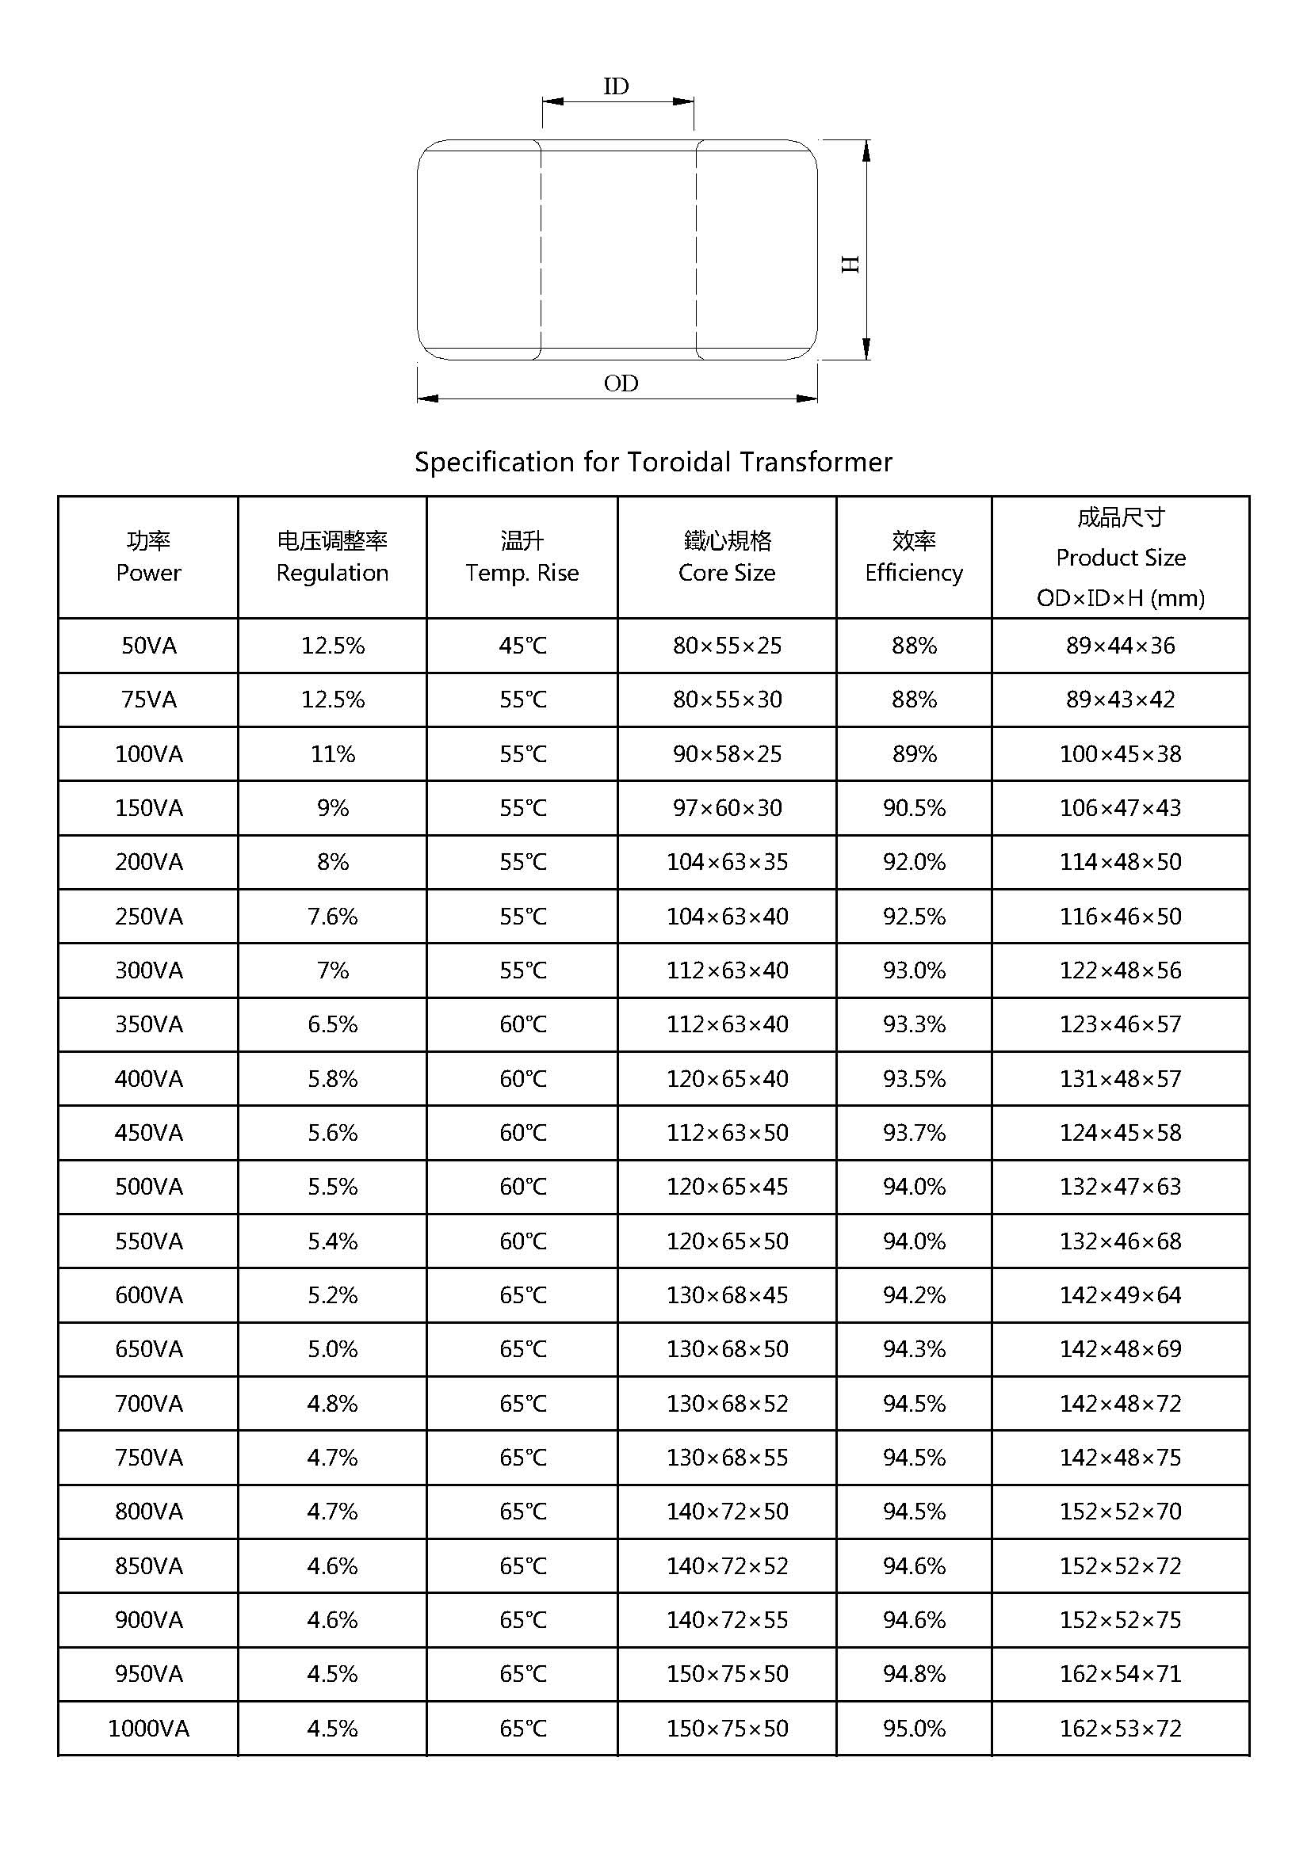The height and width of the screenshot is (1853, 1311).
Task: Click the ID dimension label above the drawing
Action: (x=616, y=86)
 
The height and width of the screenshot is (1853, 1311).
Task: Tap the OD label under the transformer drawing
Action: (x=621, y=383)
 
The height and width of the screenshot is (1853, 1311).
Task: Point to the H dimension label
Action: (x=850, y=264)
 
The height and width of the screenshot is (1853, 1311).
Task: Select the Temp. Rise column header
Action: (x=522, y=557)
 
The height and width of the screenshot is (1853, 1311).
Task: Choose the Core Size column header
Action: (x=727, y=557)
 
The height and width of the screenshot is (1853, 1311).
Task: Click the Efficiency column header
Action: (x=914, y=557)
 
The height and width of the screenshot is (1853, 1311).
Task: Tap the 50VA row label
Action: (x=148, y=646)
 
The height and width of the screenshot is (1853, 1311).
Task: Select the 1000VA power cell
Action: (x=148, y=1728)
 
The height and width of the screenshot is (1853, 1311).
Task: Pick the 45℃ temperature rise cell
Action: (x=522, y=646)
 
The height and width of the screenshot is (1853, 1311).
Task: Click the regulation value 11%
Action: (x=333, y=753)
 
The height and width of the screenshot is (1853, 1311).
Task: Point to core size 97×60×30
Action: (x=727, y=808)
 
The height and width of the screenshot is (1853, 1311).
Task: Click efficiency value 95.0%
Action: (x=914, y=1728)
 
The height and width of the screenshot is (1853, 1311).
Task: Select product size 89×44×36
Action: (x=1121, y=646)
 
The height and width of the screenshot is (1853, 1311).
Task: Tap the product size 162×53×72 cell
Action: (x=1121, y=1728)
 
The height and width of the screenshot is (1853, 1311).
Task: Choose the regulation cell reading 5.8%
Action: (x=333, y=1078)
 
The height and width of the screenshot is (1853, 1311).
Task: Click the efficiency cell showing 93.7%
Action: (x=914, y=1132)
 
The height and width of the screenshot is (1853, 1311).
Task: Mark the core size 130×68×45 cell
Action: (x=727, y=1294)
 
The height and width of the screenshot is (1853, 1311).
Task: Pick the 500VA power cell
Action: (x=148, y=1187)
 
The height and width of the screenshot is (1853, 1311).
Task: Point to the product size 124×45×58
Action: (x=1121, y=1132)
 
